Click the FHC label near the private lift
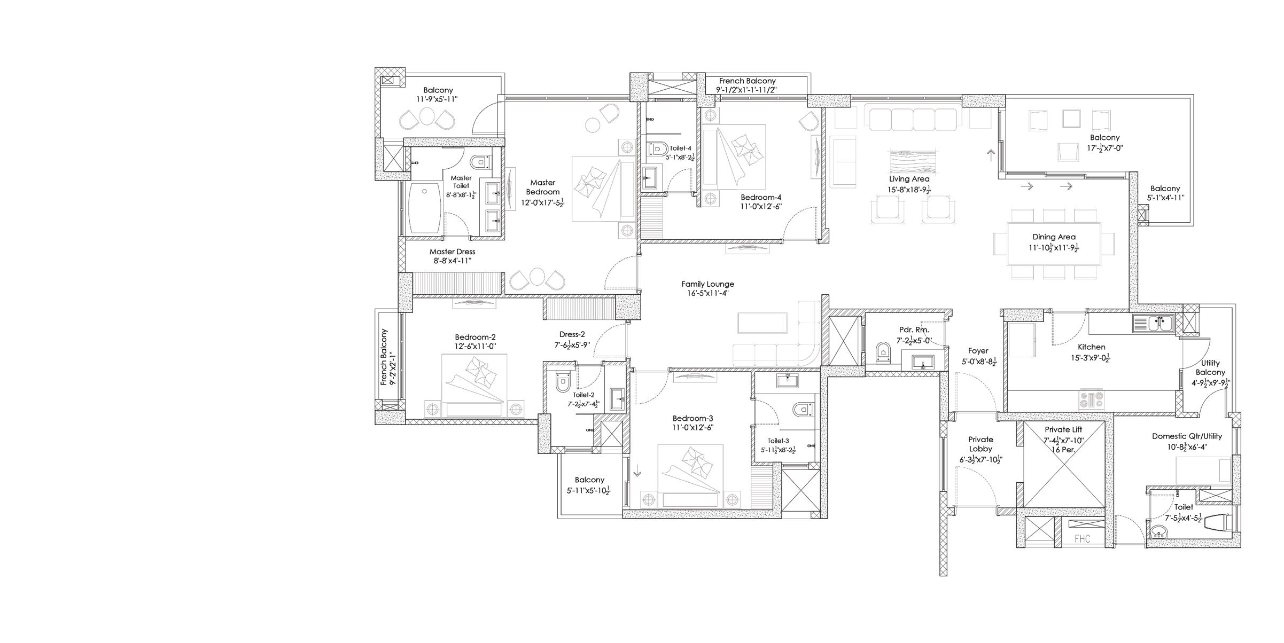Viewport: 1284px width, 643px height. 1082,539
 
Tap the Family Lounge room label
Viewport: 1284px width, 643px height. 707,284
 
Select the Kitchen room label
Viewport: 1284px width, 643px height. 1091,347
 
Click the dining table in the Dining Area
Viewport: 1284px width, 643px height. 1054,244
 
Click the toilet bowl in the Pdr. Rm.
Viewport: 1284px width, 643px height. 884,352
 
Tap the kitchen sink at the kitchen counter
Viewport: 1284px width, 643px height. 1152,323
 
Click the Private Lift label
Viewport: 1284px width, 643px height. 1063,429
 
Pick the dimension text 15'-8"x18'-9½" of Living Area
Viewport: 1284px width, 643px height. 909,190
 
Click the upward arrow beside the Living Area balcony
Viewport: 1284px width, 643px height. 991,155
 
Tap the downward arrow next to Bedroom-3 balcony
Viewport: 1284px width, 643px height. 636,473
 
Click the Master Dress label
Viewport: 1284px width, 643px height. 452,252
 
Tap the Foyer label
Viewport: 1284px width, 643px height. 978,351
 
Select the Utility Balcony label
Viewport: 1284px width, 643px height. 1210,367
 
